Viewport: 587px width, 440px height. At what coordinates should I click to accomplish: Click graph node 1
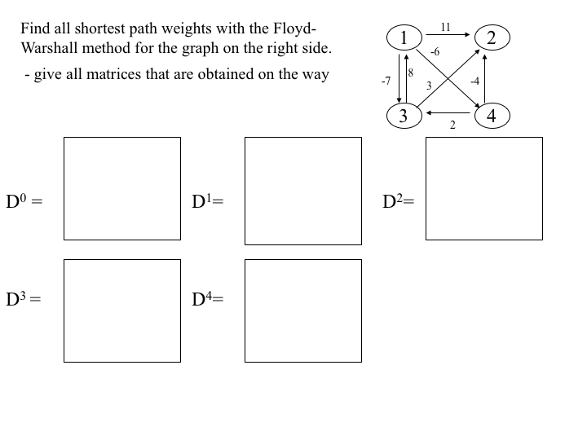tap(404, 37)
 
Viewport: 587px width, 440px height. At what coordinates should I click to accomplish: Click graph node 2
tap(492, 37)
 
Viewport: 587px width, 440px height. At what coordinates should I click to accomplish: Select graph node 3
tap(404, 116)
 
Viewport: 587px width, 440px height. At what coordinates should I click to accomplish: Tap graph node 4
tap(492, 116)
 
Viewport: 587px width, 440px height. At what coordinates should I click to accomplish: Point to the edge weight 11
tap(445, 27)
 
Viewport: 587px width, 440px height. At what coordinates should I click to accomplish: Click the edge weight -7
tap(386, 81)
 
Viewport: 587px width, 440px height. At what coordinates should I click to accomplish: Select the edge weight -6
tap(435, 52)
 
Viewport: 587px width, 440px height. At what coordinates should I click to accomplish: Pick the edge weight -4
tap(474, 81)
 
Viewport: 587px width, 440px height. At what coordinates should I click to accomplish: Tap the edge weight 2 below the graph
tap(452, 125)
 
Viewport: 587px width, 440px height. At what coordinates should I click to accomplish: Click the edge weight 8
tap(410, 73)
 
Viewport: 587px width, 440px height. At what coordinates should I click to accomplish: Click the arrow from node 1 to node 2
tap(448, 35)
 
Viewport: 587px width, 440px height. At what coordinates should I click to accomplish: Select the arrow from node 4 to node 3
tap(448, 112)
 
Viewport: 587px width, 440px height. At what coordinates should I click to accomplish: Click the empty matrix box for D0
tap(122, 188)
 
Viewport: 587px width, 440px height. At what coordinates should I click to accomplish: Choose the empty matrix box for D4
tap(303, 310)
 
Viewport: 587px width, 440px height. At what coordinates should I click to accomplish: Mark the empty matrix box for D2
tap(484, 188)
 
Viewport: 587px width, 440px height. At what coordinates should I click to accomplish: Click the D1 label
tap(207, 201)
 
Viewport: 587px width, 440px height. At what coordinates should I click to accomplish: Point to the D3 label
tap(23, 299)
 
